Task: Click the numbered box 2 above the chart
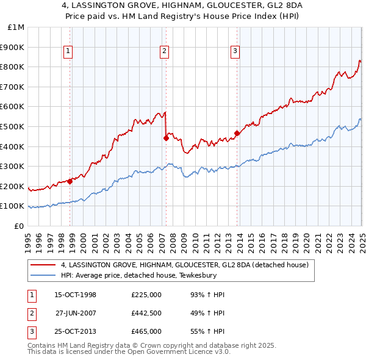tap(165, 52)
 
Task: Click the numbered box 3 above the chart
tap(235, 52)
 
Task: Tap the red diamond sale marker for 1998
tap(70, 181)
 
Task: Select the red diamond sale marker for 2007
tap(166, 138)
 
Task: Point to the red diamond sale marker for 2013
tap(237, 133)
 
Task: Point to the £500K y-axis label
tap(13, 127)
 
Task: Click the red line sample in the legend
tap(43, 265)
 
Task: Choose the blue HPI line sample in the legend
tap(43, 276)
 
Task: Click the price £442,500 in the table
tap(146, 313)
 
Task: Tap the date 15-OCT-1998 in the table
tap(76, 295)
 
